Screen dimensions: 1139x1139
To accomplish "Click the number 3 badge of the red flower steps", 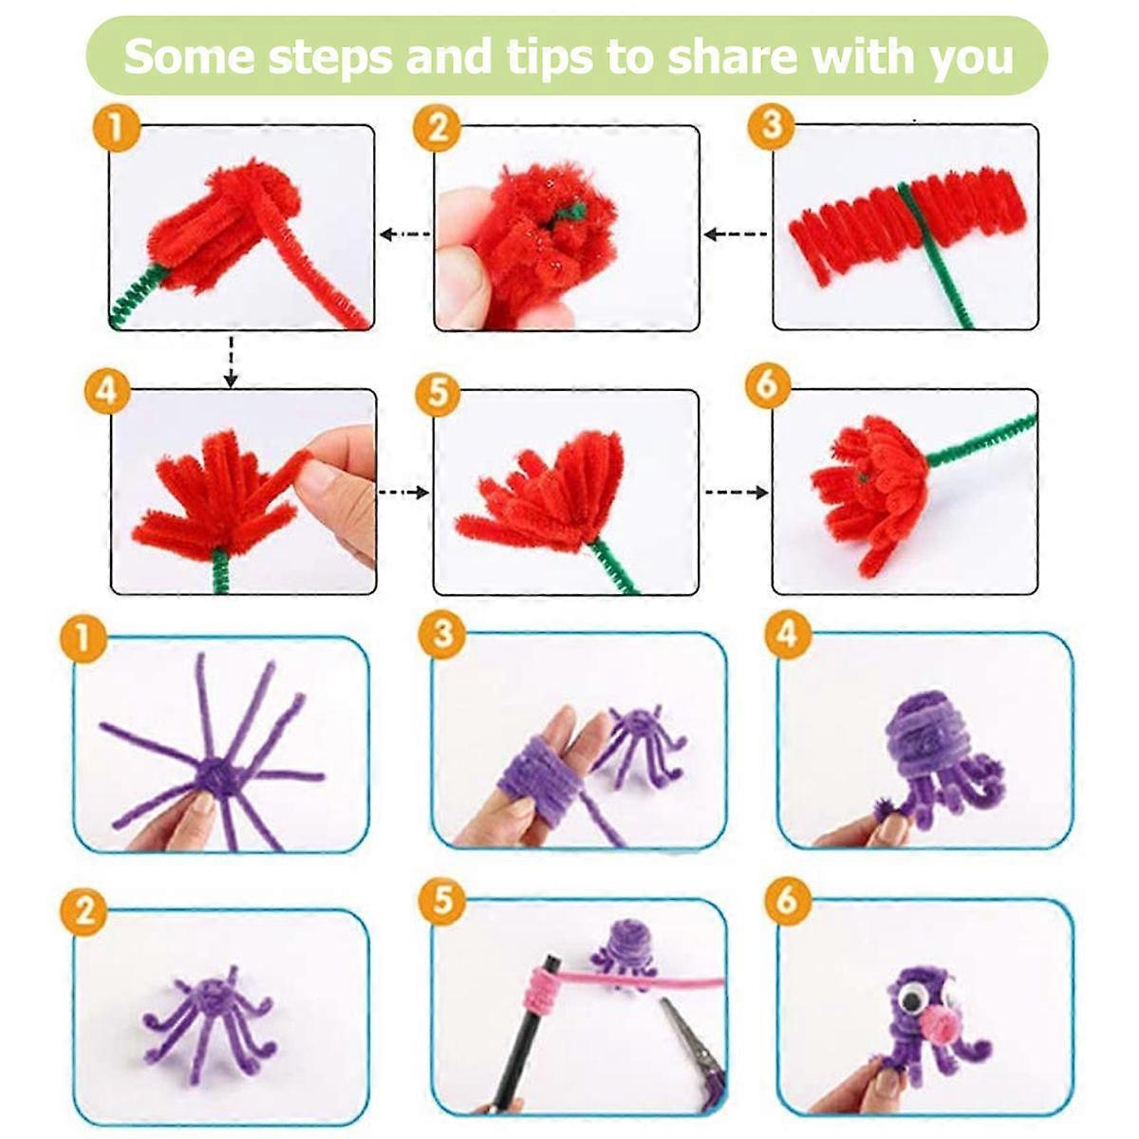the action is tap(771, 125).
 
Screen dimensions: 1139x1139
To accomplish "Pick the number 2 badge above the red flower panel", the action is tap(438, 128).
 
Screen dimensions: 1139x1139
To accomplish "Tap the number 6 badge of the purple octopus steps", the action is tap(786, 902).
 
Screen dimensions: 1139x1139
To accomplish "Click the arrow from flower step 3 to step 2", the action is tap(736, 234).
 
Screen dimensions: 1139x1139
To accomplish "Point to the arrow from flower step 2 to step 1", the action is tap(405, 234).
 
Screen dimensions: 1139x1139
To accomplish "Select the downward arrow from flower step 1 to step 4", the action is tap(231, 362).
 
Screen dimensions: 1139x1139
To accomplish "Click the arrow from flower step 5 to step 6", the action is tap(737, 492).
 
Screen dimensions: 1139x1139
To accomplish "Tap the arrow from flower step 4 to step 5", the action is tap(403, 492).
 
